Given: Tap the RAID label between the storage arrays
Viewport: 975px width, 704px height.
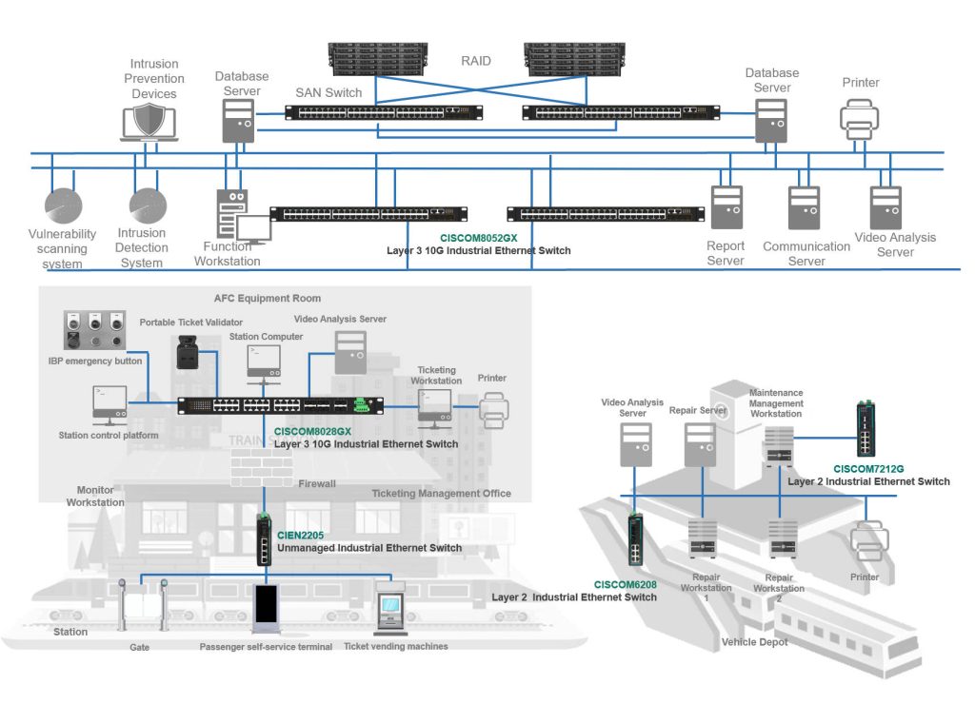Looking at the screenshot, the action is tap(476, 61).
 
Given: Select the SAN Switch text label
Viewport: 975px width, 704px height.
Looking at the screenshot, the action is tap(328, 92).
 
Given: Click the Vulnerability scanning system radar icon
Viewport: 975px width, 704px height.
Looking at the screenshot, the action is tap(64, 205).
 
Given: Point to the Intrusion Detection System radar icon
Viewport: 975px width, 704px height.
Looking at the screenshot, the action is tap(148, 205).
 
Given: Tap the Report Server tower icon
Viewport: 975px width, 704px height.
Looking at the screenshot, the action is tap(726, 207).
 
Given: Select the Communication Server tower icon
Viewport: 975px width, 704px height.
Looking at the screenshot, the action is tap(804, 207).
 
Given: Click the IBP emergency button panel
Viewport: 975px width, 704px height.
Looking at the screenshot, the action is tap(94, 330).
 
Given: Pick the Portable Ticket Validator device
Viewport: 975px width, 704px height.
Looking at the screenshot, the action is tap(188, 352).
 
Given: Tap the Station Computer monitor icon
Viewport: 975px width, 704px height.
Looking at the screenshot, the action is tap(264, 362).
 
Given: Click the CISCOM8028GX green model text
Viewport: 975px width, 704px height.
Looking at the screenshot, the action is tap(312, 431).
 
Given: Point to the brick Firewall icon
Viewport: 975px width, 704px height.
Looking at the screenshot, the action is tap(262, 467).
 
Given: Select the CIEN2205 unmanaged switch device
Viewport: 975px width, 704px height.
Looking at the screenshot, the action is tap(265, 540).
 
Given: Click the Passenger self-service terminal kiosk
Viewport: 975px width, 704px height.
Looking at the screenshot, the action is tap(267, 608).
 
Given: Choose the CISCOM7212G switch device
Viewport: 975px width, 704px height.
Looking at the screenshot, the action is tap(866, 429).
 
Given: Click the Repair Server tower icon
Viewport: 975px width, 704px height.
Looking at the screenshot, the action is tap(700, 445).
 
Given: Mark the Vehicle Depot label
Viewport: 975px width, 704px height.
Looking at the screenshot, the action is tap(754, 642).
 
